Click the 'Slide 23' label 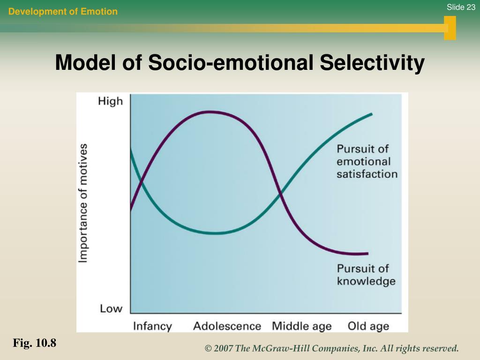461,7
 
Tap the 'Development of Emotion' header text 63,12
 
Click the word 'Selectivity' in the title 372,63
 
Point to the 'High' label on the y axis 110,101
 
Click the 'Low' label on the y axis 111,308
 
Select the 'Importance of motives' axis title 83,203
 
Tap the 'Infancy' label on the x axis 152,326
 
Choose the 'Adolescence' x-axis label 227,326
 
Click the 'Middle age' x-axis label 301,326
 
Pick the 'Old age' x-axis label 368,326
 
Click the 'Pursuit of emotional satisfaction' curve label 367,161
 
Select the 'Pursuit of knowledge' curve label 366,275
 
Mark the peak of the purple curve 210,112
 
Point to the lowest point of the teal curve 215,233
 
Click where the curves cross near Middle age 280,194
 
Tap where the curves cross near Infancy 141,184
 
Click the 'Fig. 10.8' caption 35,343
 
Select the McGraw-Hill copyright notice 331,348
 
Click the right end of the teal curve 372,114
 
